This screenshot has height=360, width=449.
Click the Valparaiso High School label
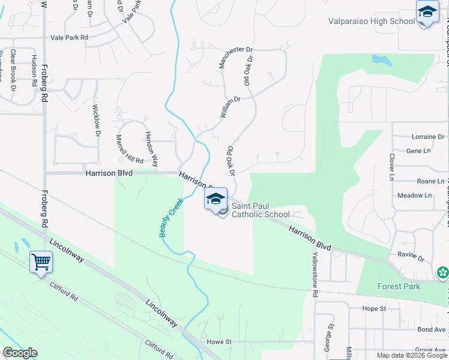(x=372, y=22)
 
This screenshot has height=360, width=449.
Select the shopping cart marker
(x=41, y=262)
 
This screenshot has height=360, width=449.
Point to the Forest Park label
(x=399, y=286)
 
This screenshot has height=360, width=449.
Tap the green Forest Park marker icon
(x=443, y=273)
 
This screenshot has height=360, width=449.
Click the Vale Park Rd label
(x=70, y=37)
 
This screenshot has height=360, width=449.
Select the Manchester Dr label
(x=229, y=58)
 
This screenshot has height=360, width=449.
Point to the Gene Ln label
(x=418, y=151)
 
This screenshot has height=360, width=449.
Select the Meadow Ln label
(x=414, y=196)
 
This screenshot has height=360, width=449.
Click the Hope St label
(x=373, y=308)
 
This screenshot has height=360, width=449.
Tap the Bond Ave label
(x=432, y=329)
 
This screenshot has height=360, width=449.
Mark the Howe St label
(x=219, y=341)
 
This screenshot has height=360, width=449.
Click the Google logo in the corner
(x=20, y=353)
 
